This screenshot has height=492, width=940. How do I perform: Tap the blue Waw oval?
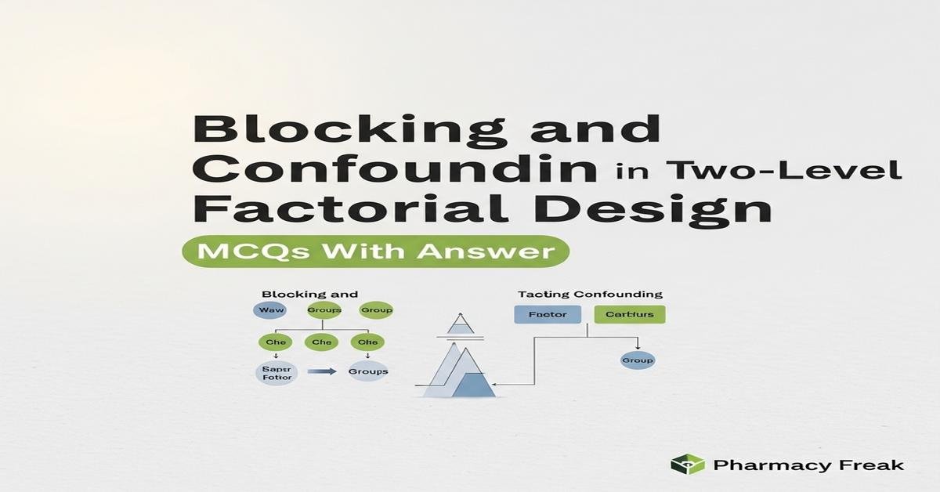(x=271, y=310)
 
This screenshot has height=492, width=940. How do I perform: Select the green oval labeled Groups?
(x=323, y=310)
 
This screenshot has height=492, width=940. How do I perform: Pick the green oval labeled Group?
(x=375, y=310)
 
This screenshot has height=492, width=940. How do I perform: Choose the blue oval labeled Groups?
(x=367, y=371)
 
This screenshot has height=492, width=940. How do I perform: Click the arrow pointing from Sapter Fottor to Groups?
(x=321, y=372)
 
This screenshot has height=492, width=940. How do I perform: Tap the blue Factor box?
(x=547, y=315)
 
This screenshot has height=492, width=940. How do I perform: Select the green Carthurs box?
(x=629, y=315)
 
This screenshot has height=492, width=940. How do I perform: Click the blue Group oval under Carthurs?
(x=637, y=361)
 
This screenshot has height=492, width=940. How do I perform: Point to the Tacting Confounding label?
(x=590, y=295)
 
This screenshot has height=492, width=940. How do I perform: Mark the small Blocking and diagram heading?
(x=309, y=295)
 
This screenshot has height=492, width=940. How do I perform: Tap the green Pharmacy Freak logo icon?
(x=687, y=465)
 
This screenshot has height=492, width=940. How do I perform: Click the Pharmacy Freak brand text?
(x=809, y=465)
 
